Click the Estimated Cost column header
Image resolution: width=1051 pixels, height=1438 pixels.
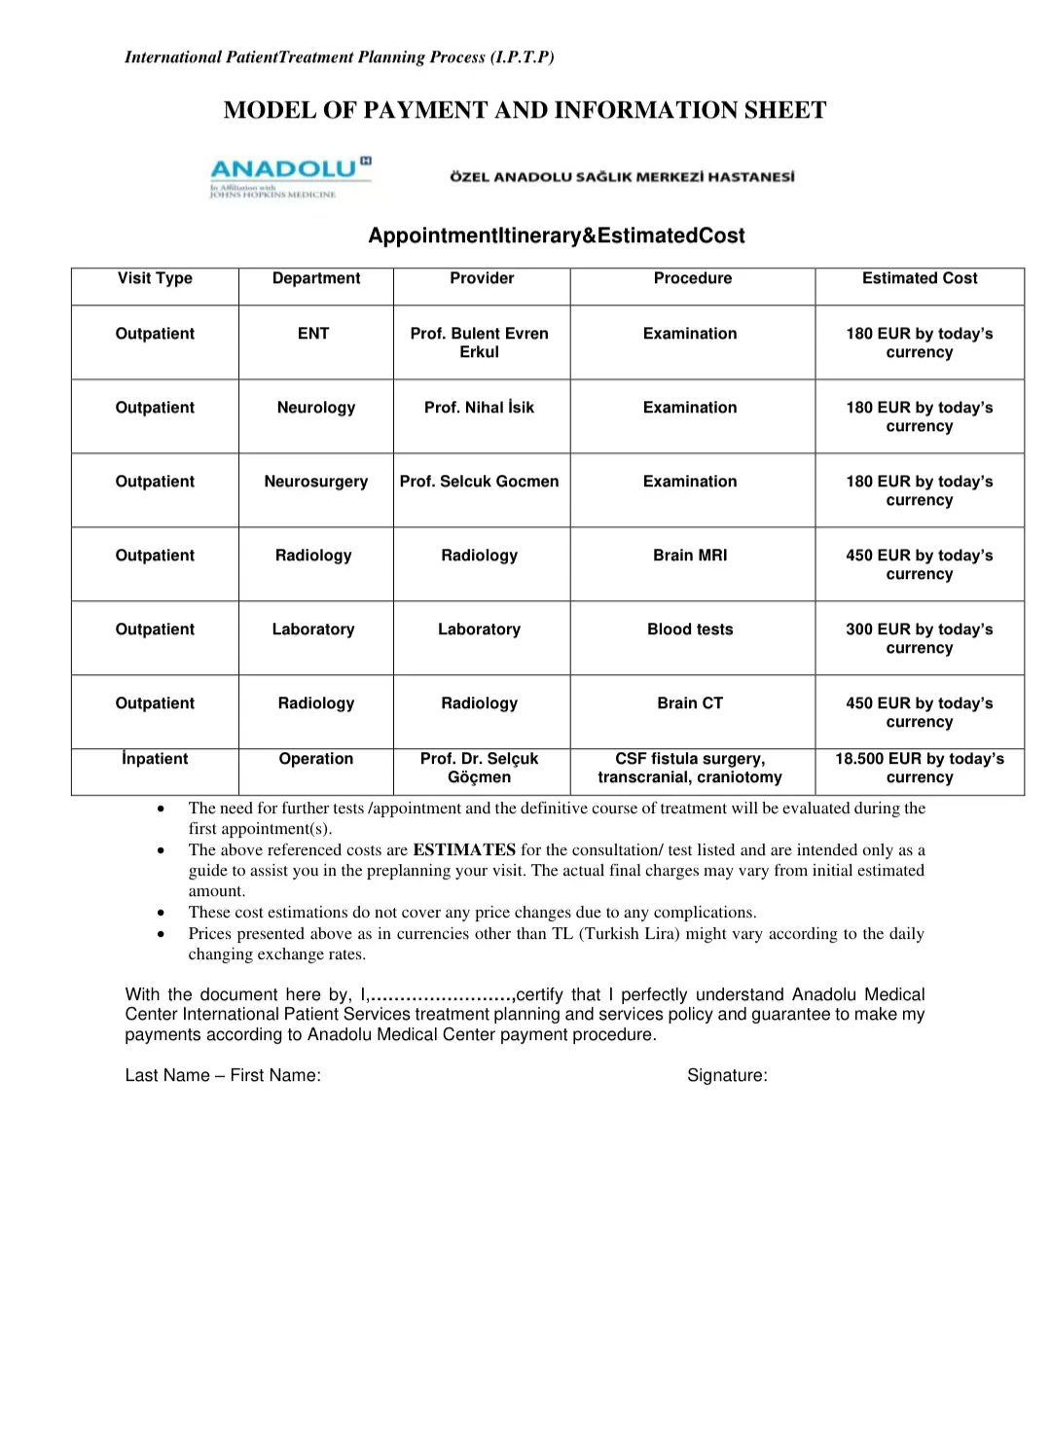click(920, 278)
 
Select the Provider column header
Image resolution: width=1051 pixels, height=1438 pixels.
click(482, 278)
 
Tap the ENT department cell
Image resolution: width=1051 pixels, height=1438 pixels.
click(313, 334)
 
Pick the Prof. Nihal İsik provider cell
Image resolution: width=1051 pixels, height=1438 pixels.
click(480, 408)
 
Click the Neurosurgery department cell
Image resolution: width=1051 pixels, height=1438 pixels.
click(316, 482)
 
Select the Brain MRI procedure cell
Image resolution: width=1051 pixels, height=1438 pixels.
click(690, 556)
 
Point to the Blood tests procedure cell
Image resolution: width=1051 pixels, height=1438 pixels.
click(690, 629)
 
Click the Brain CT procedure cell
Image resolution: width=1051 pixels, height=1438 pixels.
click(690, 703)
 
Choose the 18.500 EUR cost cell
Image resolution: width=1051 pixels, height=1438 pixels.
click(920, 768)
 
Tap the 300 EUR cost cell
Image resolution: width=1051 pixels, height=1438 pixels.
click(920, 638)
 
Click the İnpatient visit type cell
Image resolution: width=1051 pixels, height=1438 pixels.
click(155, 759)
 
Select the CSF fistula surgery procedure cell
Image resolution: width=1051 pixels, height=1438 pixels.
click(690, 768)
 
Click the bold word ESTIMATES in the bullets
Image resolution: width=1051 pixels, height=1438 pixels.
click(464, 849)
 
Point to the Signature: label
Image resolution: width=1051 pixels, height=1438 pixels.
click(727, 1075)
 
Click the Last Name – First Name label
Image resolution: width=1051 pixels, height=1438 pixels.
click(223, 1075)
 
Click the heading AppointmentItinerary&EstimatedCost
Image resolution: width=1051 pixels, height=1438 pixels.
click(557, 235)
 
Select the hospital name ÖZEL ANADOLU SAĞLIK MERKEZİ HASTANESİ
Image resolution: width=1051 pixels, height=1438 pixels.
click(622, 177)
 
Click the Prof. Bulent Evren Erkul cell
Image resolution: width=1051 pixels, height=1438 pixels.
click(480, 342)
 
